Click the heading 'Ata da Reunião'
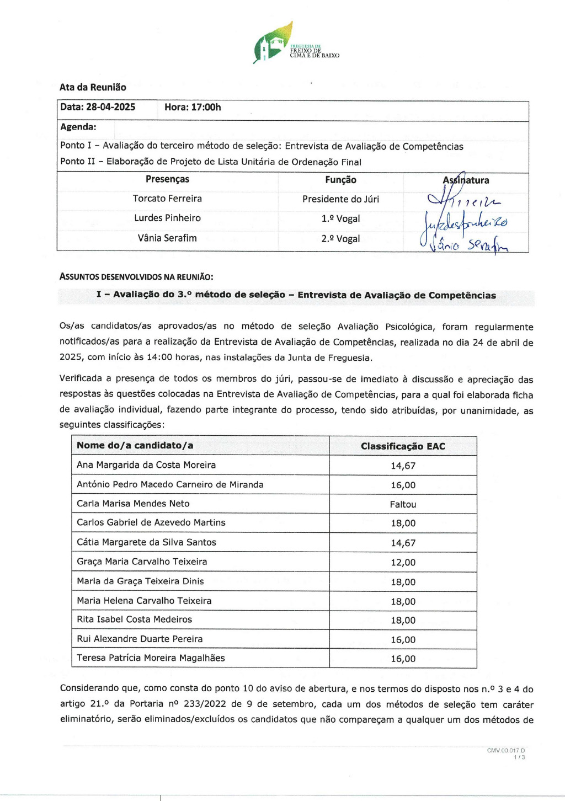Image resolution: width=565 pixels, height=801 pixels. (x=93, y=87)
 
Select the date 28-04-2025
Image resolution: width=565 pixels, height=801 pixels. (x=110, y=107)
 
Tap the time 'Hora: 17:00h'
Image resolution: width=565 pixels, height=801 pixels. (x=193, y=107)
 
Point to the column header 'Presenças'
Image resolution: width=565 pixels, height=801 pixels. (x=167, y=179)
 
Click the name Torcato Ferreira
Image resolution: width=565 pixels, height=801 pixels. (x=167, y=199)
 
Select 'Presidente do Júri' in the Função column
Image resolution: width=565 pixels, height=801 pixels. (x=340, y=199)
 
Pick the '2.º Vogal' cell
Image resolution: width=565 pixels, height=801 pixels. (x=340, y=239)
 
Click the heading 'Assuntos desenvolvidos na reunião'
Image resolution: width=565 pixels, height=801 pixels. (x=136, y=277)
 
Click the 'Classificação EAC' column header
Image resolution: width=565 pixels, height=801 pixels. (x=403, y=446)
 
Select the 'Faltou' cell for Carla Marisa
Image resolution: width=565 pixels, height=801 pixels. (x=403, y=504)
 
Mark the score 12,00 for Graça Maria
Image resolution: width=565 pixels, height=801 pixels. (x=403, y=563)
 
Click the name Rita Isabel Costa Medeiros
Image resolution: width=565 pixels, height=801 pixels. (x=134, y=620)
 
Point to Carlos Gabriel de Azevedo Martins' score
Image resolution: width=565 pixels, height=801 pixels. (x=403, y=524)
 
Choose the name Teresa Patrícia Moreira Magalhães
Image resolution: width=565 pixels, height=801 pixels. (x=151, y=658)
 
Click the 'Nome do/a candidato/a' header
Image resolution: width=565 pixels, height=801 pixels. (x=135, y=445)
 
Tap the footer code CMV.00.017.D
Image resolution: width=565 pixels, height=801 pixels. (x=505, y=750)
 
